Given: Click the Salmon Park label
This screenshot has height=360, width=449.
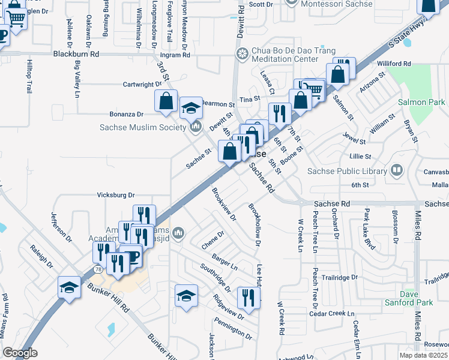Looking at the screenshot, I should coord(421,103).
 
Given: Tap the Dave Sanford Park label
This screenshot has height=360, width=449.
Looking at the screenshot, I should coord(417,298).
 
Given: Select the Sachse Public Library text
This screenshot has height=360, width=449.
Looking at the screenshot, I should coord(347,171).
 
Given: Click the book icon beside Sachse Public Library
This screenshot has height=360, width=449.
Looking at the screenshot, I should coord(396,171).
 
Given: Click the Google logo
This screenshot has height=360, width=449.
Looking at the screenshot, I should coord(19,353).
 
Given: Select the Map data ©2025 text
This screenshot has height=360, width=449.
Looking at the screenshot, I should coord(423,355).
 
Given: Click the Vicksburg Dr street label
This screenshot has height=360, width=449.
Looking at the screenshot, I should coord(116,195).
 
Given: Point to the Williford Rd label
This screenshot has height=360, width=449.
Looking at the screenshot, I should coord(394,63).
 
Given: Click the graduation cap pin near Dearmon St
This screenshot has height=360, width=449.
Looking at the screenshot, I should coord(191,107).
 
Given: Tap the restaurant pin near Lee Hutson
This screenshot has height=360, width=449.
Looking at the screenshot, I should coord(249,296).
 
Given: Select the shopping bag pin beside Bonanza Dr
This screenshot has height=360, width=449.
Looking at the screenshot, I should coord(166,101).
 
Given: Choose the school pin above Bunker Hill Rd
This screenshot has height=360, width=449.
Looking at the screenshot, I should coord(69,287).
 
